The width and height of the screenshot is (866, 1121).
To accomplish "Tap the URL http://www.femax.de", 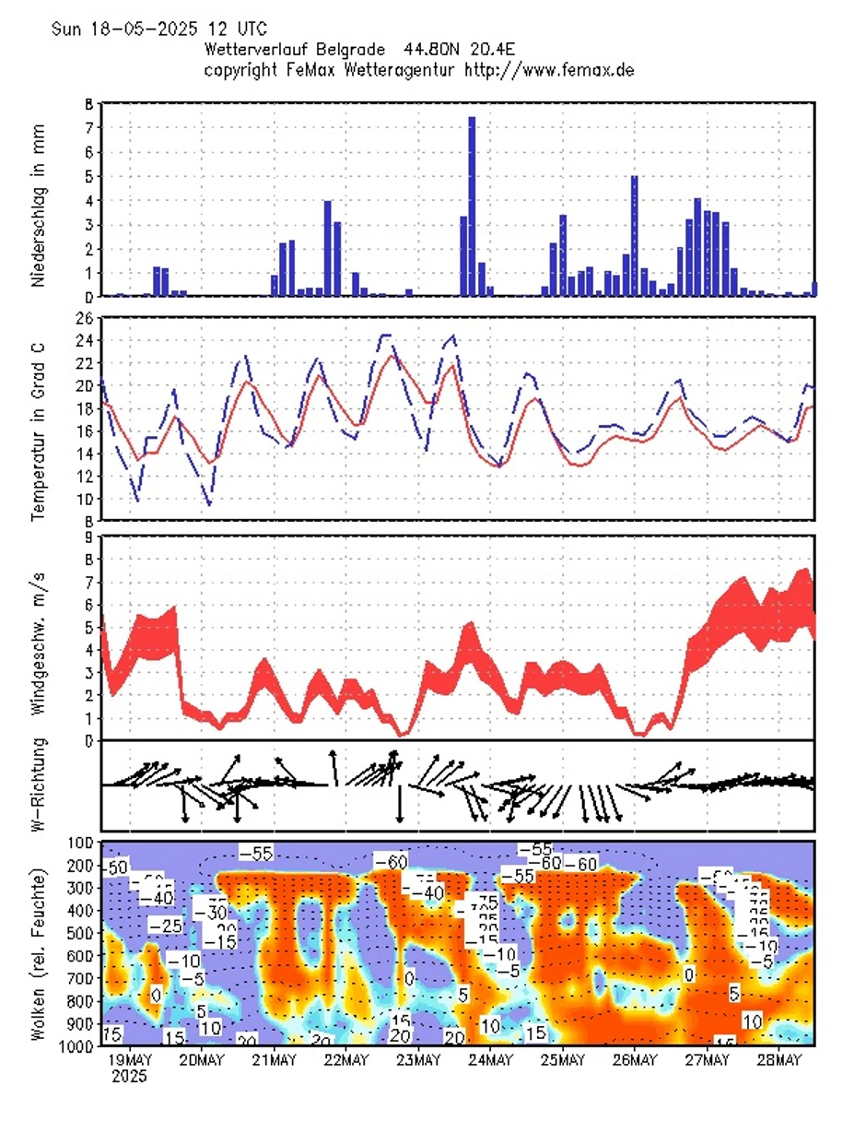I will point(550,69).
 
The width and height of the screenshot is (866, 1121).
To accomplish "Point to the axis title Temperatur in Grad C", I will point(39,419).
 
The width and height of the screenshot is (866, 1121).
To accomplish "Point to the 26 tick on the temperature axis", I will point(85,318).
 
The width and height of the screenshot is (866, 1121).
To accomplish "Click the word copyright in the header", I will point(242,69).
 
